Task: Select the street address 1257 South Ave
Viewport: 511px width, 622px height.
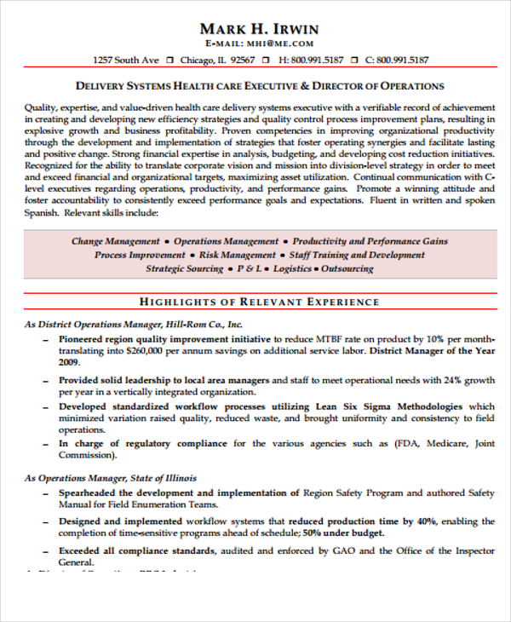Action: point(126,60)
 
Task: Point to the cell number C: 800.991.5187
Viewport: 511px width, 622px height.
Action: point(397,60)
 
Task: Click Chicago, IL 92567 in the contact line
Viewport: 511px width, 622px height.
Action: point(217,60)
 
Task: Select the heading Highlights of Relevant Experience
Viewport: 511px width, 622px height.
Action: point(259,302)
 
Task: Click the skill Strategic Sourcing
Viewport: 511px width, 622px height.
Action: point(184,268)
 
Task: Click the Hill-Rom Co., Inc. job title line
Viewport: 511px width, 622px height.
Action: point(134,325)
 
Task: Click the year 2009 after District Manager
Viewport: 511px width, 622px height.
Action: point(69,362)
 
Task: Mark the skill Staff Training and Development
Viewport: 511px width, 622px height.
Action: point(358,255)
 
